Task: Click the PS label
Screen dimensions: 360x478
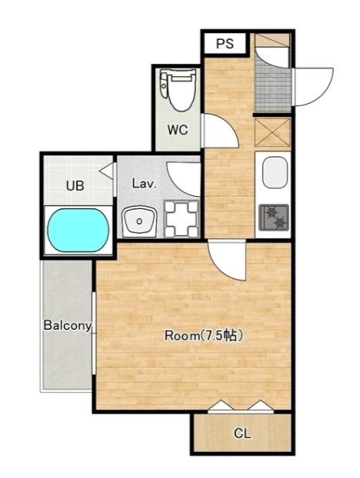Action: click(225, 44)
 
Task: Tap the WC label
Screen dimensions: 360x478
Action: click(177, 130)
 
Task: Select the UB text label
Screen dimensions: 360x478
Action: click(75, 185)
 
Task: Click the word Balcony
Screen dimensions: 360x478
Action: click(68, 326)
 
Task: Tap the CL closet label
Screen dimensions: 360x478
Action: click(242, 433)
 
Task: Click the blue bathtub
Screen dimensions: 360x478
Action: click(78, 230)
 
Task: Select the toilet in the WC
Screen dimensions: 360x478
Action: click(178, 90)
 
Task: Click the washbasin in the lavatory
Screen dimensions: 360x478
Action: click(140, 221)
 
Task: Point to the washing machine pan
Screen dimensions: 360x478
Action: click(182, 219)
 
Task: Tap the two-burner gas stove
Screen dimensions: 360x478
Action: click(274, 217)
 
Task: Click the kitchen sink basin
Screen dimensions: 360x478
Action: click(275, 173)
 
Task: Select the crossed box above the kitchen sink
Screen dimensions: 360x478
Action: click(272, 133)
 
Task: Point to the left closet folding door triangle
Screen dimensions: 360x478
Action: click(221, 406)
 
